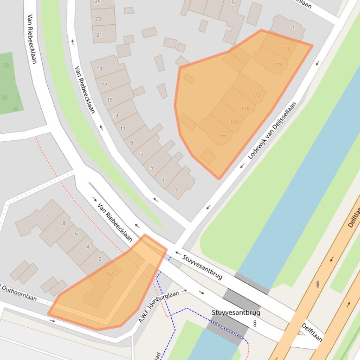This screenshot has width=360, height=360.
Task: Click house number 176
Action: coord(287,49)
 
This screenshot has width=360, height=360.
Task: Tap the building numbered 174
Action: coord(278,65)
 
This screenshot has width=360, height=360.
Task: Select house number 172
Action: coord(256,95)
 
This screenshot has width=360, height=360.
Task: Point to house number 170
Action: coord(245,109)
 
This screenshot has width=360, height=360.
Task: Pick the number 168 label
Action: coord(234,122)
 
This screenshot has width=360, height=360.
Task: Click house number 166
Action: coord(222,136)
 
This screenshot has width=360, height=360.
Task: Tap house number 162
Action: coord(109,274)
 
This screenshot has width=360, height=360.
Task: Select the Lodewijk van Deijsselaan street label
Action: coord(272,130)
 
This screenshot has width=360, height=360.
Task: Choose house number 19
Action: coord(99,69)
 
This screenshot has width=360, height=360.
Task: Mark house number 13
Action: coord(115,115)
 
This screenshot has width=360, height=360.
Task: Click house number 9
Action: coord(132,143)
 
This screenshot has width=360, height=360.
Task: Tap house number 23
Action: coord(98,19)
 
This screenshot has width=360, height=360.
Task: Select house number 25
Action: coord(98,2)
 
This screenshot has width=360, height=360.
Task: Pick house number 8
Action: coord(64,223)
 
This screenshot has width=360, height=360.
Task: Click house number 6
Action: coord(76,234)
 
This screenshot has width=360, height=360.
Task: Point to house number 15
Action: coord(110,100)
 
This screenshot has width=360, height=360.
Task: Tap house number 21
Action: coord(99,35)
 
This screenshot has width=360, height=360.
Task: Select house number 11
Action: coord(123,129)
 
